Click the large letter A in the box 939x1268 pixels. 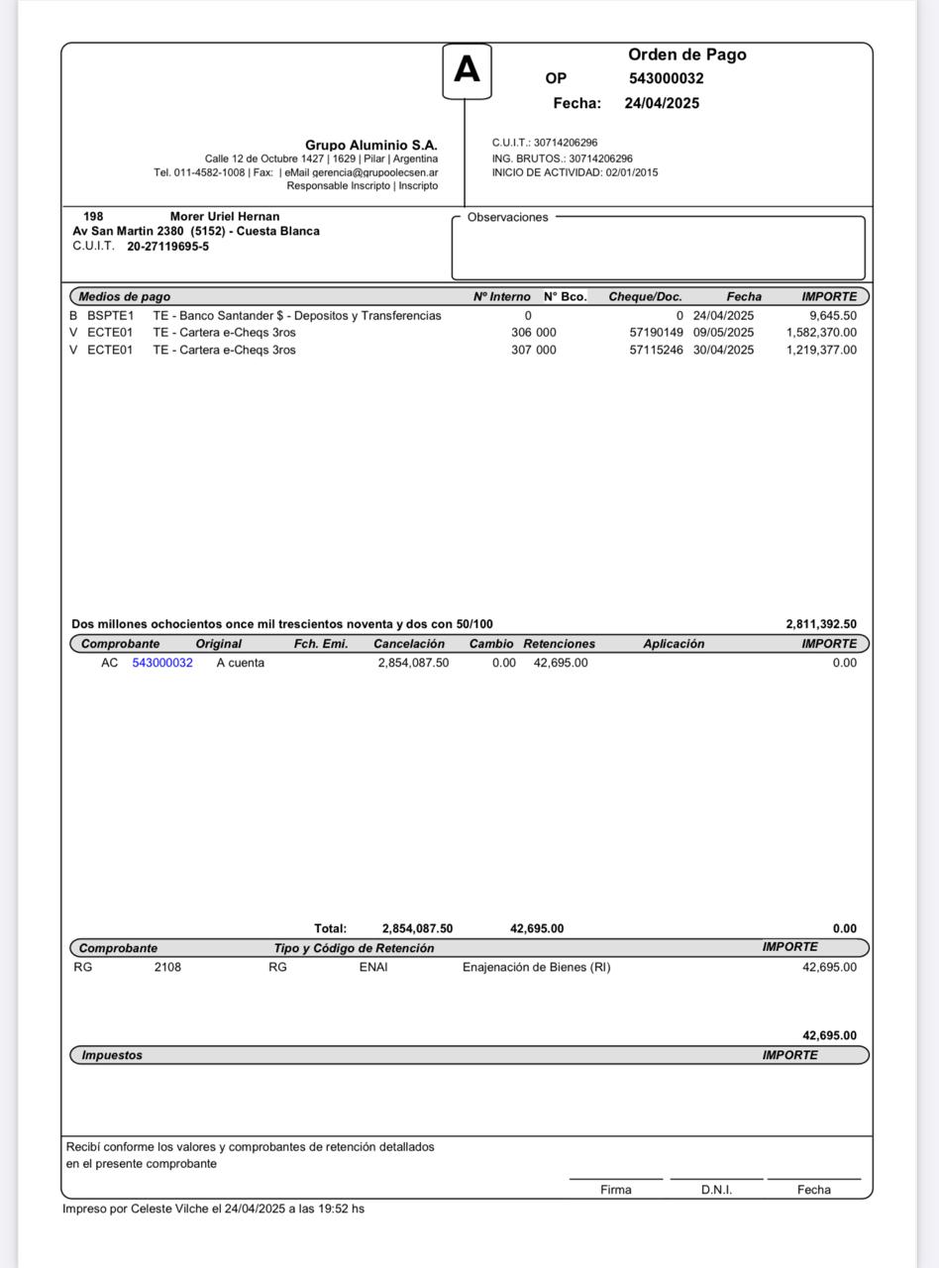467,70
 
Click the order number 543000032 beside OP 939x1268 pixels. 666,78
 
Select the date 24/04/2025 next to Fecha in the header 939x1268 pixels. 662,103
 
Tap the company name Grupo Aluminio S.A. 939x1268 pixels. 370,146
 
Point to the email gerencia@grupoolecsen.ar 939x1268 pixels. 374,172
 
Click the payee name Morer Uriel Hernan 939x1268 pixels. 225,216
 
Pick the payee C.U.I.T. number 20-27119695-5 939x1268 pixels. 167,247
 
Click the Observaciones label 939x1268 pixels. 507,217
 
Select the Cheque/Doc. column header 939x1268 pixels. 645,296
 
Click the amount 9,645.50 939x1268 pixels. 832,316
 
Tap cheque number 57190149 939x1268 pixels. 656,333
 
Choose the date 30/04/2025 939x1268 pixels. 723,350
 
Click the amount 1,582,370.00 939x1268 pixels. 821,333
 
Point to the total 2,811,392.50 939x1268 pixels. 821,624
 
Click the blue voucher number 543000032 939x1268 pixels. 162,663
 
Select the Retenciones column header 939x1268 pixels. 559,644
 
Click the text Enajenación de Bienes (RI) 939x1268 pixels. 536,967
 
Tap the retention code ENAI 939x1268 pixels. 373,967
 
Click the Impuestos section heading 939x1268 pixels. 111,1055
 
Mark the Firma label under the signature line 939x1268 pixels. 615,1190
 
